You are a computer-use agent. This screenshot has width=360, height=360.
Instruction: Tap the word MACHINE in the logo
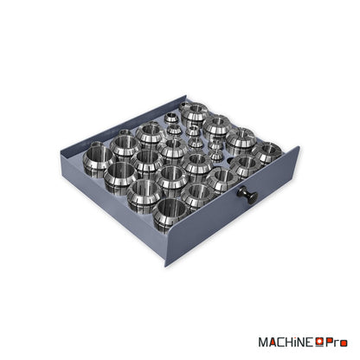(x=286, y=343)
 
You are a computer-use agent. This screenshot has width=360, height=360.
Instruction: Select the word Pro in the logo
(x=337, y=343)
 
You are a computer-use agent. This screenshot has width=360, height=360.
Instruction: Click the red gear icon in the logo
(x=319, y=342)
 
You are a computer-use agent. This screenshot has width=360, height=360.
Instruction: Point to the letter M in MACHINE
(x=264, y=343)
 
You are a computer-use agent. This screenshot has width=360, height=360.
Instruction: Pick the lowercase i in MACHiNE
(x=297, y=343)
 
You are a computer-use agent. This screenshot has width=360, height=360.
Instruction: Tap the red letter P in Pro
(x=329, y=343)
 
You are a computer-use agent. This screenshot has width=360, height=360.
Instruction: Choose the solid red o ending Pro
(x=344, y=344)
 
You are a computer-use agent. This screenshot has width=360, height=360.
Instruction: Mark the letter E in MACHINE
(x=311, y=343)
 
